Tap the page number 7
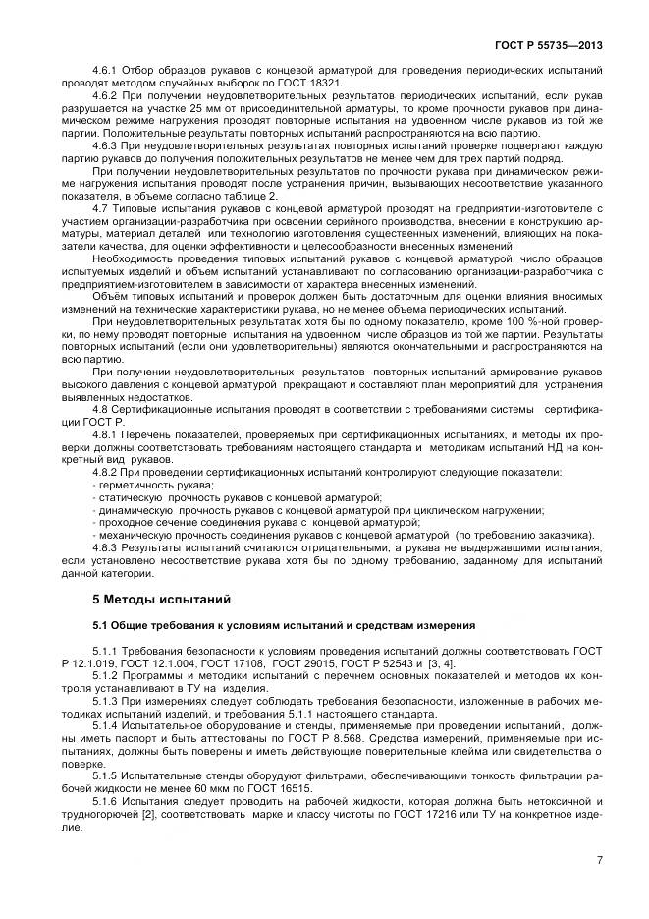(x=598, y=860)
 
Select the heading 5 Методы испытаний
(x=147, y=598)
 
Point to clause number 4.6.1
(x=105, y=73)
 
